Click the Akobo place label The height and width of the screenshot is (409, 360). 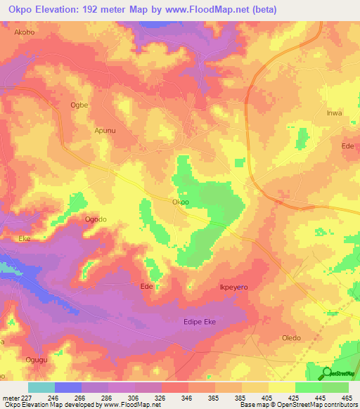click(24, 32)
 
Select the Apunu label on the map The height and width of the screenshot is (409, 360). click(104, 130)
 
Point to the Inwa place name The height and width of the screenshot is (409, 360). click(334, 113)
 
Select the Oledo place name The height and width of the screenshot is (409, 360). click(291, 337)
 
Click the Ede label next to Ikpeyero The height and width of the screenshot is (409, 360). click(147, 287)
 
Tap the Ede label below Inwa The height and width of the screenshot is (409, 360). click(347, 145)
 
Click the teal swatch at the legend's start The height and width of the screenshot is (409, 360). click(41, 387)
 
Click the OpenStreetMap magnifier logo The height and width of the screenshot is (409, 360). click(326, 373)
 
